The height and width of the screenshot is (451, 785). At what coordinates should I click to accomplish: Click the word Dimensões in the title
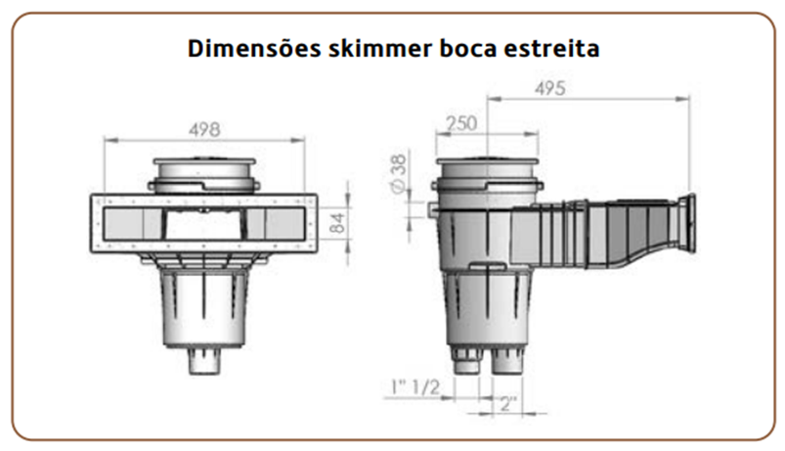tap(254, 49)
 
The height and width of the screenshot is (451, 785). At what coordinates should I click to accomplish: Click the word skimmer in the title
tap(380, 49)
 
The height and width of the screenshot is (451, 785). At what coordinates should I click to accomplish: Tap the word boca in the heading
tap(468, 49)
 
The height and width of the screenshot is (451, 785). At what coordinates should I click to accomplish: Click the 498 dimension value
tap(204, 130)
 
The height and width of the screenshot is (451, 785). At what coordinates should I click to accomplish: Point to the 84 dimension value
tap(338, 223)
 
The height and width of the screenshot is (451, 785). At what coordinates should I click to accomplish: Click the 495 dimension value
tap(549, 89)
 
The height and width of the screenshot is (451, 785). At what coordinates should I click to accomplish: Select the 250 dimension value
tap(461, 123)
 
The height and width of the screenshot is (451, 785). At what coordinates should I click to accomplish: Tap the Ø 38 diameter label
tap(398, 173)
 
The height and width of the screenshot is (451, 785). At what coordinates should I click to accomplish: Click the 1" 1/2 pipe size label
tap(415, 386)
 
